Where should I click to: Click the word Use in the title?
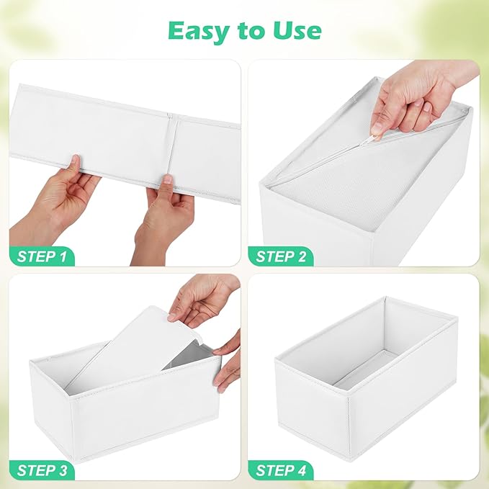point(294,30)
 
